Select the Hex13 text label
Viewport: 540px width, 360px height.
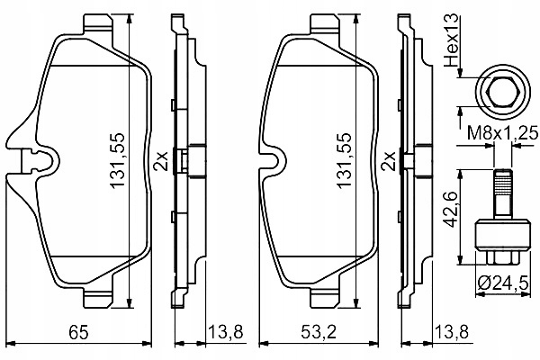click(x=452, y=40)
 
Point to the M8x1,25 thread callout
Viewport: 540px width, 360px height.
click(x=502, y=133)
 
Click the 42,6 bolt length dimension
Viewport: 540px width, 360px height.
click(x=451, y=209)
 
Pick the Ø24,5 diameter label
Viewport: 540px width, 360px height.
click(x=503, y=283)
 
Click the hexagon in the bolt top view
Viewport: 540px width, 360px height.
click(x=502, y=92)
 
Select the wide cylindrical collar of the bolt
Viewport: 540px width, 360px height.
click(x=502, y=235)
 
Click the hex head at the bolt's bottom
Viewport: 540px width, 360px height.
click(x=502, y=257)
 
